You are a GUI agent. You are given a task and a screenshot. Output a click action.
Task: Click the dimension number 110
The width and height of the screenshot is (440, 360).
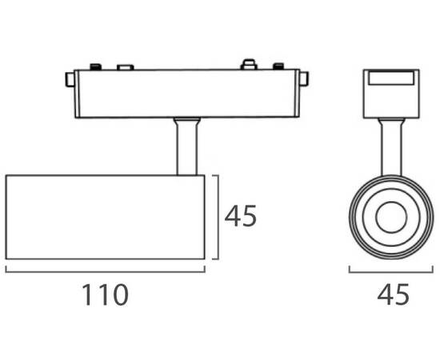106,294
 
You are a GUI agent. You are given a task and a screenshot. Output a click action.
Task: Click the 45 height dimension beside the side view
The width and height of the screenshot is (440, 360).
241,215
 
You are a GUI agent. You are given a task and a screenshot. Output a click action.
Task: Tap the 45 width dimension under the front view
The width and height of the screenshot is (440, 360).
393,294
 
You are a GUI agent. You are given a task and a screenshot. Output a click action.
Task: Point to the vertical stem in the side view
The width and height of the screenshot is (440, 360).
186,146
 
